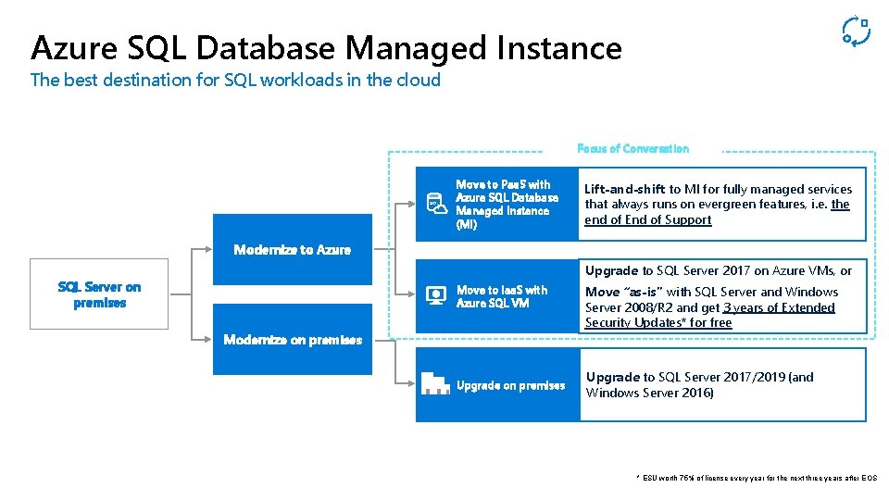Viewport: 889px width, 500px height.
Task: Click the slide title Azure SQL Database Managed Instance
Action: pyautogui.click(x=326, y=47)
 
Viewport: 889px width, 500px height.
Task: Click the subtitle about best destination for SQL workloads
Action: pyautogui.click(x=235, y=80)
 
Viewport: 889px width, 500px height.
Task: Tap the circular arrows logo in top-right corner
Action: pyautogui.click(x=855, y=31)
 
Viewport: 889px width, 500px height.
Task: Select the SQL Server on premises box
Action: pyautogui.click(x=99, y=294)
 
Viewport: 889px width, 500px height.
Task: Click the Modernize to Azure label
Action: pyautogui.click(x=292, y=250)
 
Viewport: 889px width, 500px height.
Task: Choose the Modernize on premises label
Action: pyautogui.click(x=293, y=340)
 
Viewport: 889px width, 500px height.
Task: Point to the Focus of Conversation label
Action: pyautogui.click(x=632, y=148)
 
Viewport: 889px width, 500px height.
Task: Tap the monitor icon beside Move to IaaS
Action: pyautogui.click(x=434, y=296)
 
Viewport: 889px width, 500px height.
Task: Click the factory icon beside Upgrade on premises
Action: pyautogui.click(x=435, y=383)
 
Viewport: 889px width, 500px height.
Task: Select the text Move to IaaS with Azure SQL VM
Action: pyautogui.click(x=502, y=296)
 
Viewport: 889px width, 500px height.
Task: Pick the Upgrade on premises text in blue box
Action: pyautogui.click(x=510, y=385)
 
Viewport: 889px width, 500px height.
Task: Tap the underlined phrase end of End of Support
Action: pyautogui.click(x=648, y=220)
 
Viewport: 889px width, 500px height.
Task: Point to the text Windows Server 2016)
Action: pyautogui.click(x=649, y=393)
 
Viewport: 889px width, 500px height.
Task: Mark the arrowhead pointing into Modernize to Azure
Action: pyautogui.click(x=209, y=250)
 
